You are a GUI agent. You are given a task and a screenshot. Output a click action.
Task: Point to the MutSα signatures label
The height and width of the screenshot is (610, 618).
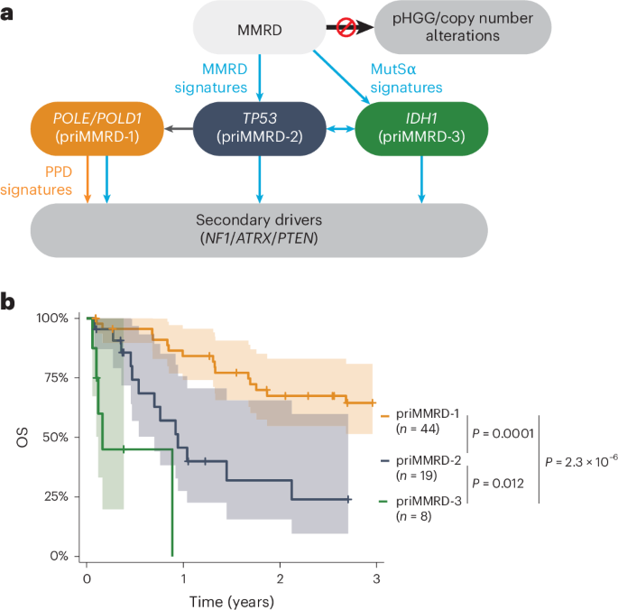click(x=406, y=78)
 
